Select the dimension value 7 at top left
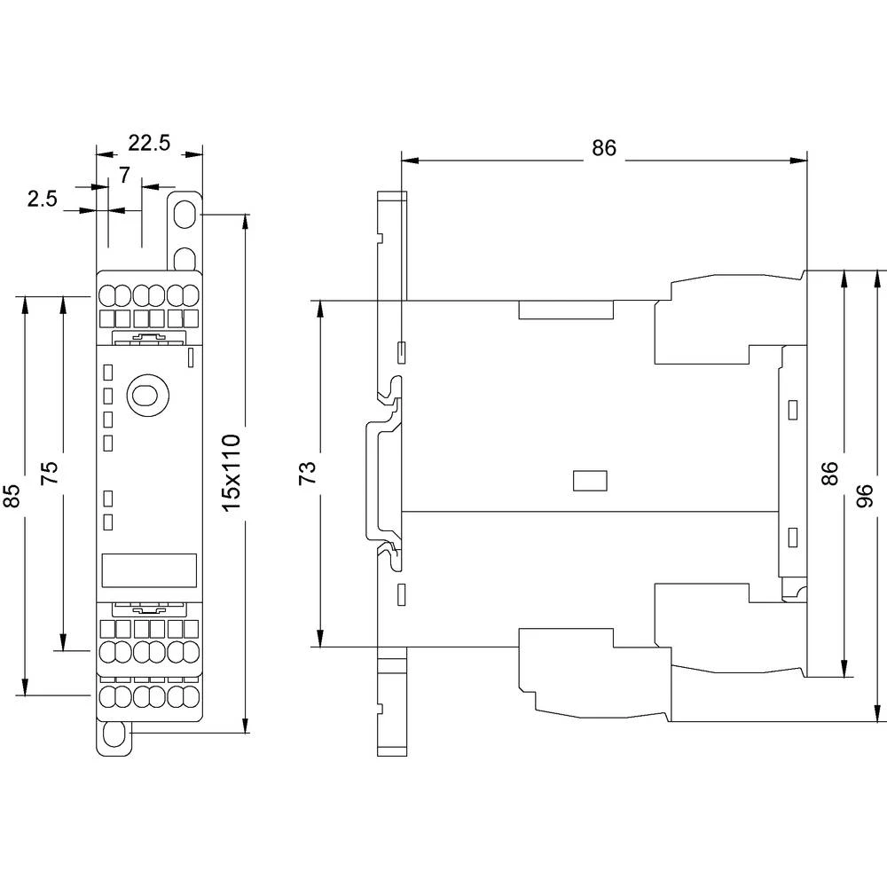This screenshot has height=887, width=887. [124, 175]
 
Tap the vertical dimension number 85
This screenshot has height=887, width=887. [12, 496]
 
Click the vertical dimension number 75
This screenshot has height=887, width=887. [50, 471]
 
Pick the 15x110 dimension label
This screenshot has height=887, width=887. [231, 471]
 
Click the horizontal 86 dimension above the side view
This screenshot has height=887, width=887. [603, 148]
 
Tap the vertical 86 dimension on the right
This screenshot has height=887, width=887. [828, 473]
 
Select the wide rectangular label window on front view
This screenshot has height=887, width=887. [148, 569]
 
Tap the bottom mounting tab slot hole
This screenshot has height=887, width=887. [114, 735]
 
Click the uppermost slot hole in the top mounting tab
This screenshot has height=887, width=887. [185, 215]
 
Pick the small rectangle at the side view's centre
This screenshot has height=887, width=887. [590, 480]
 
